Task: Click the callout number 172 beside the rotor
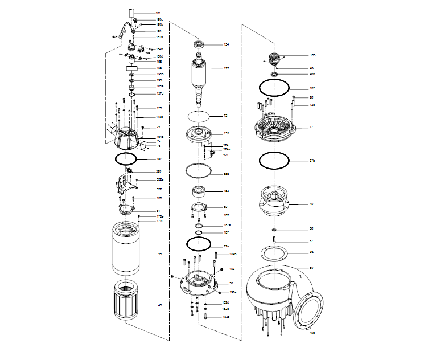[x=226, y=68]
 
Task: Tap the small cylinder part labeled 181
[x=130, y=13]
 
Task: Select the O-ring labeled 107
[x=274, y=88]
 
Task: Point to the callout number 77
[x=312, y=127]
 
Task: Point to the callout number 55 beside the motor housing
[x=159, y=255]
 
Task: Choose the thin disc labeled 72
[x=197, y=116]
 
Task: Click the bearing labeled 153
[x=200, y=191]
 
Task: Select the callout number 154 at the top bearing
[x=226, y=44]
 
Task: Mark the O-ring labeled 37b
[x=274, y=161]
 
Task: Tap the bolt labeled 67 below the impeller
[x=274, y=240]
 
